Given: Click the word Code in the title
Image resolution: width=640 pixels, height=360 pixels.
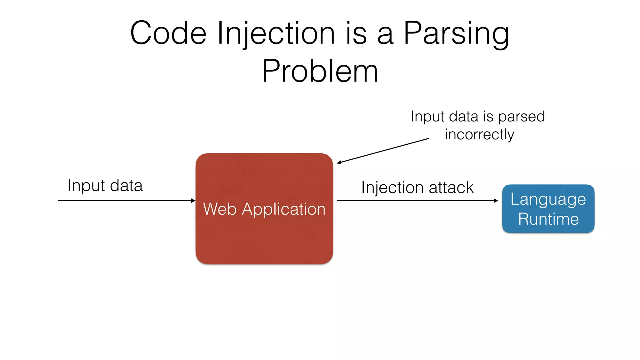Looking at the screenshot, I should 168,33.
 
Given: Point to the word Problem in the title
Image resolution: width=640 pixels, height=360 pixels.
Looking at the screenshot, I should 320,71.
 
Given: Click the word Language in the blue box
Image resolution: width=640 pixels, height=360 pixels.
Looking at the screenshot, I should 548,200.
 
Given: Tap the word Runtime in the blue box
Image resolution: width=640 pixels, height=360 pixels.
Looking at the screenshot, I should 548,219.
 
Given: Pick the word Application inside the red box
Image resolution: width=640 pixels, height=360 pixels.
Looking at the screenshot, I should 284,209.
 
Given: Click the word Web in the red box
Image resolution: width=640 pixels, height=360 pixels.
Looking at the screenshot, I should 220,209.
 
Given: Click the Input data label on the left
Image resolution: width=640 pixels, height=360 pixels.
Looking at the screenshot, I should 105,186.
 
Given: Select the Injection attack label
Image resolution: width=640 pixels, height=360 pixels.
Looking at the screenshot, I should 417,187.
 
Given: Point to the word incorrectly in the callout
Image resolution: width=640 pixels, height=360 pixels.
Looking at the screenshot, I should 479,135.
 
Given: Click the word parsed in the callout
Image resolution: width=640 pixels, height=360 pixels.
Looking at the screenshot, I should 521,117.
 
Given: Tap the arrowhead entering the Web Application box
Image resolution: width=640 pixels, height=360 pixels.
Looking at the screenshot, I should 193,201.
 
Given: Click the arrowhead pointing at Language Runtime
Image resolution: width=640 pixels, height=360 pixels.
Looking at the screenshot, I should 496,201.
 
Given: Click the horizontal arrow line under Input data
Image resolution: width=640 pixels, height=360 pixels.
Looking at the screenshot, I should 125,201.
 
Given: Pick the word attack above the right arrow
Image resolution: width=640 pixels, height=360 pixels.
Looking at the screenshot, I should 451,187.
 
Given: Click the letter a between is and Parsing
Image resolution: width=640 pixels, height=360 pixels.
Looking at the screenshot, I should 385,36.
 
